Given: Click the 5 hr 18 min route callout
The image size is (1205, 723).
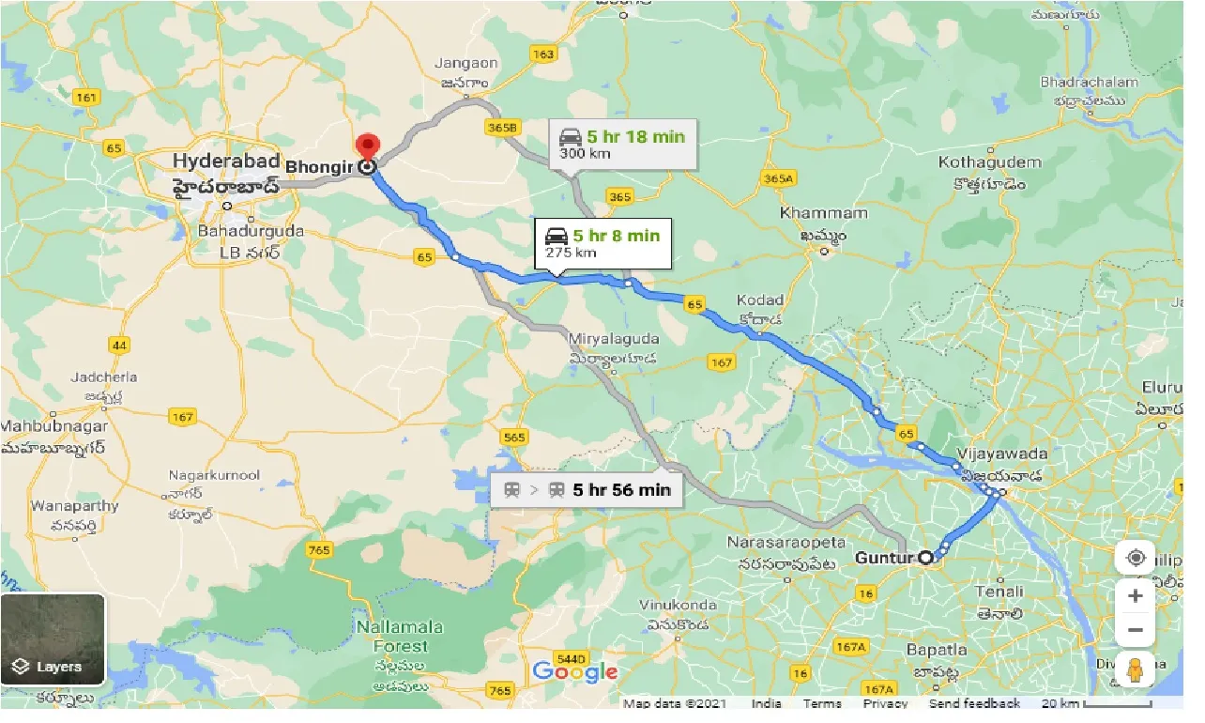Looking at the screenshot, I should [622, 144].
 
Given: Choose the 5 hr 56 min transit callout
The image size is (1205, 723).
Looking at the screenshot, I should [587, 489].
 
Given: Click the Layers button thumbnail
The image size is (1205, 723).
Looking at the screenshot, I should [53, 639].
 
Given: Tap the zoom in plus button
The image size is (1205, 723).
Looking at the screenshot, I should [1136, 596].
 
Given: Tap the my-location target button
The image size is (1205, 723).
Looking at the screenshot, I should [1136, 558].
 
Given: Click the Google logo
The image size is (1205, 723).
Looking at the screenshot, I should [574, 671].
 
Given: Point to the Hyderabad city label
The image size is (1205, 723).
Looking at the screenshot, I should [226, 162].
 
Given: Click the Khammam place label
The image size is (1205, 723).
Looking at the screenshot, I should [810, 213].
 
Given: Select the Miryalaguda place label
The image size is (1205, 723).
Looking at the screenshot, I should [614, 339].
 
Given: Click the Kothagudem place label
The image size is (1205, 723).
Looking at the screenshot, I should [989, 162].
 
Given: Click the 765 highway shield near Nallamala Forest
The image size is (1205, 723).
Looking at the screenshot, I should [319, 549].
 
